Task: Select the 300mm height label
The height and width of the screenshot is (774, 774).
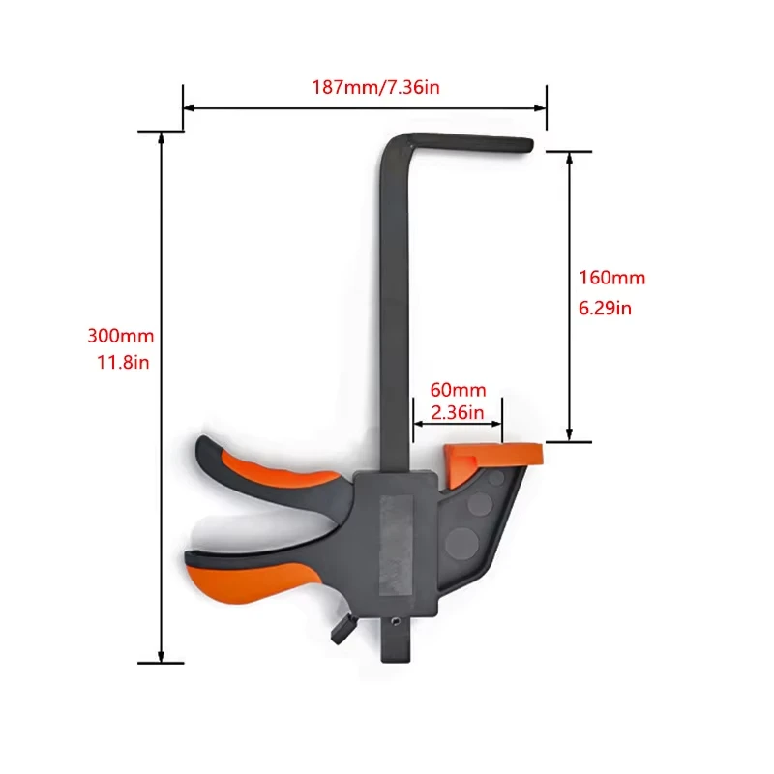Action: tap(120, 336)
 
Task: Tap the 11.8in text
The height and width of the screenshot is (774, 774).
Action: tap(120, 361)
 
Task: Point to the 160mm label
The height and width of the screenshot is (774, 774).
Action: tap(611, 278)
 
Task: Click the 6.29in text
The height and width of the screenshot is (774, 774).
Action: tap(606, 308)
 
